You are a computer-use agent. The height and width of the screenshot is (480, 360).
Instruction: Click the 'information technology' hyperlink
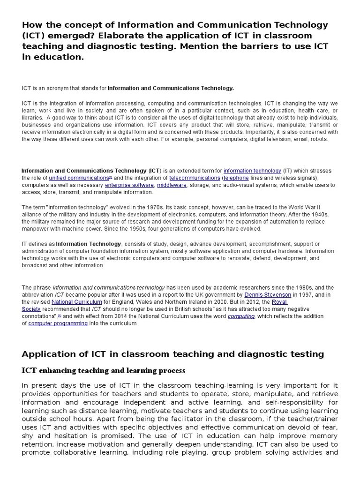pyautogui.click(x=252, y=171)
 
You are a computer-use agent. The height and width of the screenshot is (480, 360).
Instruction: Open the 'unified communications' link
pyautogui.click(x=79, y=178)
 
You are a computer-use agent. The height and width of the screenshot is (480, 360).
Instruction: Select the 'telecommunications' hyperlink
pyautogui.click(x=195, y=178)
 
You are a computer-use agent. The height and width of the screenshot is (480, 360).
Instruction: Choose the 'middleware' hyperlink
pyautogui.click(x=172, y=185)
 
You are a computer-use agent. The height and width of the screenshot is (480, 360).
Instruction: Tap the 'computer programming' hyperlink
pyautogui.click(x=58, y=323)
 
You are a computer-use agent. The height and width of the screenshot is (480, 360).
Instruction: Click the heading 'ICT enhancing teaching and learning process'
pyautogui.click(x=104, y=371)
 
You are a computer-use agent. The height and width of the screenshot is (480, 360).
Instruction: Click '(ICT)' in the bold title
pyautogui.click(x=36, y=36)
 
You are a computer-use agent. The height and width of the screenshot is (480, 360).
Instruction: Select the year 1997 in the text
pyautogui.click(x=300, y=295)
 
